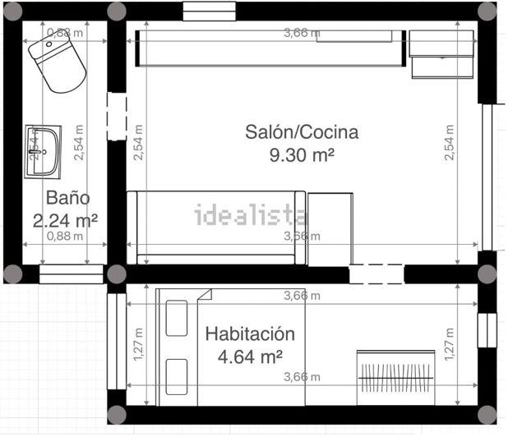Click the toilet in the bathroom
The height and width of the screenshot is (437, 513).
(x=58, y=63)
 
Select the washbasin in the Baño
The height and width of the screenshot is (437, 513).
(x=43, y=151)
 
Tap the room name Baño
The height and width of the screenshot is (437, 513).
(x=67, y=198)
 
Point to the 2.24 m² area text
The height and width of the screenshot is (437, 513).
(x=65, y=220)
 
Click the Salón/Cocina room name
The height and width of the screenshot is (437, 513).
(x=302, y=131)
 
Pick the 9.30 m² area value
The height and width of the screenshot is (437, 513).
(x=302, y=154)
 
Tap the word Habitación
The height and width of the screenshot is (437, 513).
(x=249, y=334)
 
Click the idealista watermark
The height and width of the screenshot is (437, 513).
(x=251, y=216)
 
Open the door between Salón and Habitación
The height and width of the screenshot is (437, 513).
(x=377, y=274)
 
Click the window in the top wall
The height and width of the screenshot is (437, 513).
(x=209, y=11)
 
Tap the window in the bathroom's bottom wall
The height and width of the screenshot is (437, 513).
(x=71, y=274)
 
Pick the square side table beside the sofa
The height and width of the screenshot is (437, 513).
(x=330, y=228)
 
